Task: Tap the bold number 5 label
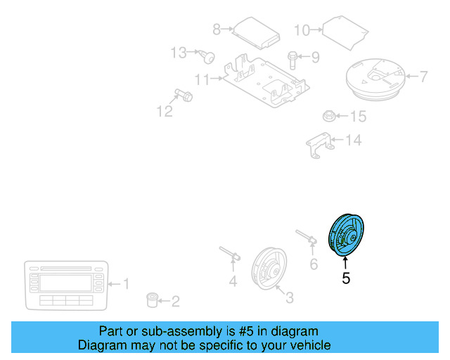tap(345, 278)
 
